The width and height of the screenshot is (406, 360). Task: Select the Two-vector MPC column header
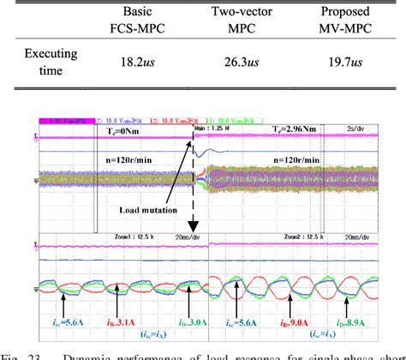point(254,21)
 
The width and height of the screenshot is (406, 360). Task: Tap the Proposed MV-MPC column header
point(350,21)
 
